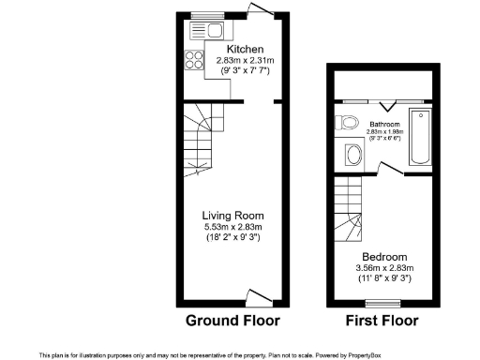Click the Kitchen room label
245,49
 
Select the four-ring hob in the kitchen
196,60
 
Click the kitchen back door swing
261,11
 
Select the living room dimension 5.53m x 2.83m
233,226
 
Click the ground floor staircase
206,141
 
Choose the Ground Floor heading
232,321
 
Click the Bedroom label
385,257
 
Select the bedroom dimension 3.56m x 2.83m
385,268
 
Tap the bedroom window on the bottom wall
380,303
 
